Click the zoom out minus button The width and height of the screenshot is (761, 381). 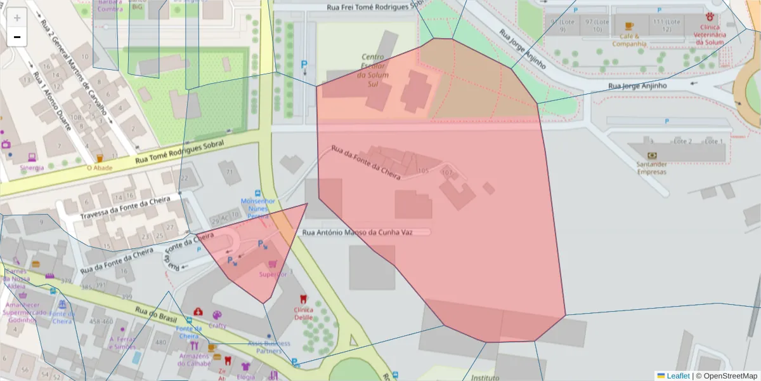[x=17, y=37]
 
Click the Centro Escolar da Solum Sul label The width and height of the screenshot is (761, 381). [x=373, y=70]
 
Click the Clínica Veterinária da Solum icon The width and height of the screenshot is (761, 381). [x=708, y=17]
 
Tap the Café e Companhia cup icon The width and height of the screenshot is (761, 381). [x=628, y=26]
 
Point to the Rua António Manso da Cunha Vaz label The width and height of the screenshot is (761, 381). [x=358, y=232]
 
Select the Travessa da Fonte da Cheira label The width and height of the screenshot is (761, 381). [x=125, y=208]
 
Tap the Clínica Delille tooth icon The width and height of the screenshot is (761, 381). [x=303, y=299]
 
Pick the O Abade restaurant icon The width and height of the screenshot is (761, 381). [x=100, y=158]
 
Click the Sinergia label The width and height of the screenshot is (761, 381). [x=32, y=168]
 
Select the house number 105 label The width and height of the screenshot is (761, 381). [x=423, y=171]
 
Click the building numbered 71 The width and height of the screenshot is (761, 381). [x=229, y=172]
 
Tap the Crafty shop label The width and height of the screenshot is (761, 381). [x=218, y=326]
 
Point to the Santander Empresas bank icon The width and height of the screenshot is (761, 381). [x=651, y=155]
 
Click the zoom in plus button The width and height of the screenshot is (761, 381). [x=17, y=18]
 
